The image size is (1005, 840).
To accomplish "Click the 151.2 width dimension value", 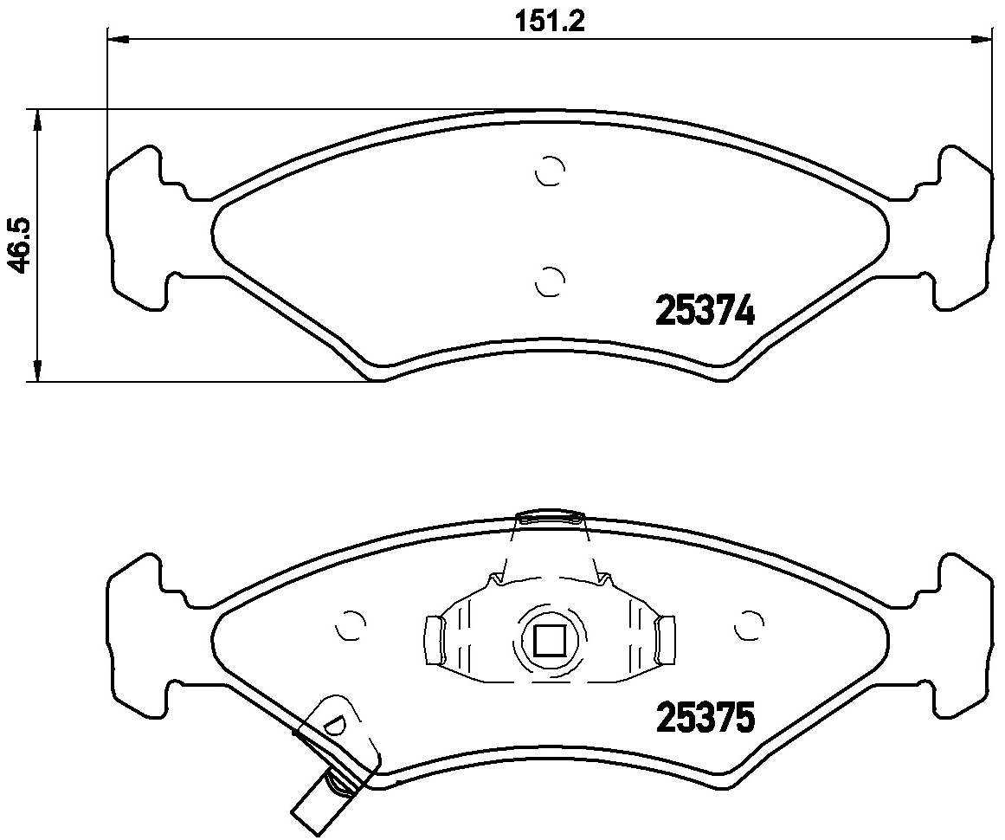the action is pos(551,23).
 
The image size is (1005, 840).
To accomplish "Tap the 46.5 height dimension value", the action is pos(21,246).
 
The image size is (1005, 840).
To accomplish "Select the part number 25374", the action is pos(705,313).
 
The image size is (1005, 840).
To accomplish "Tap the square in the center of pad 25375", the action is pos(549,642).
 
